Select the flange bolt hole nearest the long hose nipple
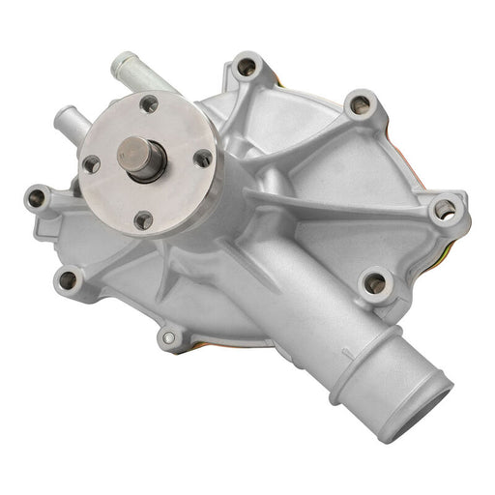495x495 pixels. pyautogui.click(x=148, y=103)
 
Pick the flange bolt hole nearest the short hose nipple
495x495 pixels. pyautogui.click(x=90, y=163)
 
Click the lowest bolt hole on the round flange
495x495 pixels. pyautogui.click(x=143, y=219)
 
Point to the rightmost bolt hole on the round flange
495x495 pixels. pyautogui.click(x=202, y=159)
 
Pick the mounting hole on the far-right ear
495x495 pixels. pyautogui.click(x=445, y=209)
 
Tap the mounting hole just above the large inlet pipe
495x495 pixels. pyautogui.click(x=375, y=283)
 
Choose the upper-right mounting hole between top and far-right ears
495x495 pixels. pyautogui.click(x=360, y=102)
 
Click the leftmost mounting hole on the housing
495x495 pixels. pyautogui.click(x=38, y=198)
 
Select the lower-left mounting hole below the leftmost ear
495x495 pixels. pyautogui.click(x=68, y=279)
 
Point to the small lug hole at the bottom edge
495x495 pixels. pyautogui.click(x=170, y=337)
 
